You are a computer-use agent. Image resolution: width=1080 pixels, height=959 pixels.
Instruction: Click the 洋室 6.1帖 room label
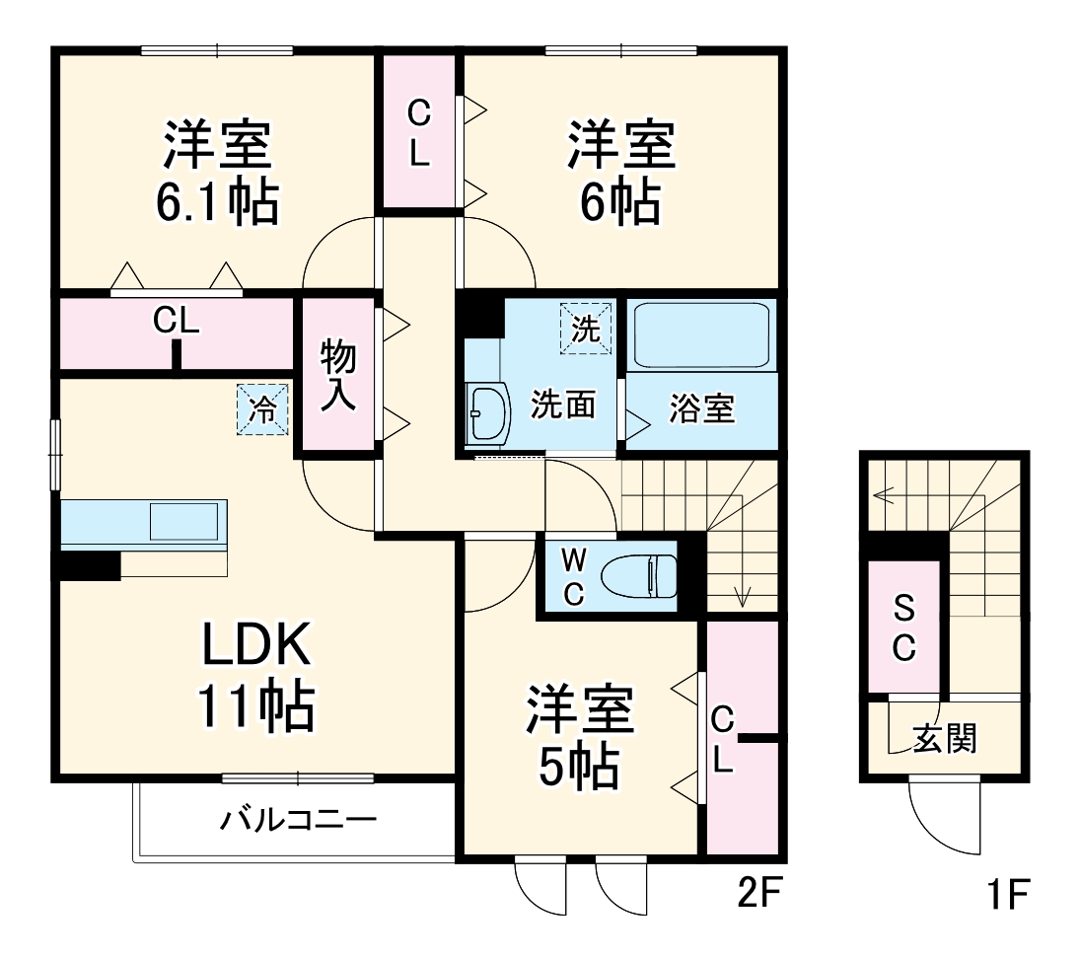click(x=218, y=173)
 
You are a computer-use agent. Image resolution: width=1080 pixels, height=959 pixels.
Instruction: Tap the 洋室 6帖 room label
click(x=620, y=173)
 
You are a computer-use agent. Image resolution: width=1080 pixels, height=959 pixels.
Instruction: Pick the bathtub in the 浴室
click(x=701, y=334)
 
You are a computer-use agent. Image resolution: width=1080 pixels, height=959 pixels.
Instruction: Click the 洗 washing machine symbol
click(x=587, y=329)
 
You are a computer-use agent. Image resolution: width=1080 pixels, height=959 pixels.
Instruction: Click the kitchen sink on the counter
click(x=183, y=521)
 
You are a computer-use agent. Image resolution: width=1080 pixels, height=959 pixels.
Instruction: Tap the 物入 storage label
click(x=338, y=377)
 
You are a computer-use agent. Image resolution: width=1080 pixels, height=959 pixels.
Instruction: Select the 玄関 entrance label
click(x=944, y=737)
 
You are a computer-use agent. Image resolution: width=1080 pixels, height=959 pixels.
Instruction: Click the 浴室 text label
click(x=702, y=408)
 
